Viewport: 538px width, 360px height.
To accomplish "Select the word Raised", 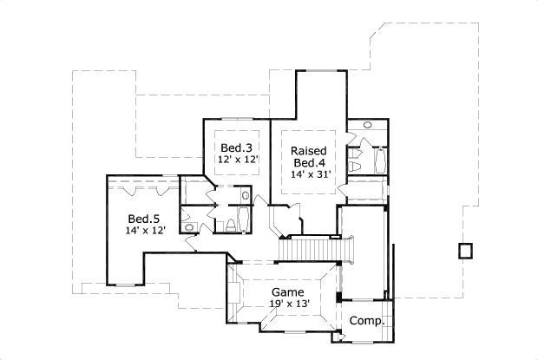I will point(308,148).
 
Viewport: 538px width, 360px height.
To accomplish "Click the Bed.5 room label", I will point(143,218).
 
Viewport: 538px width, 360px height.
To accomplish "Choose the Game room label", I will point(287,292).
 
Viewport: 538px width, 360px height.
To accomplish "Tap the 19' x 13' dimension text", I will point(287,304).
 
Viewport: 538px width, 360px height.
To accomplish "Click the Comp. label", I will point(365,321).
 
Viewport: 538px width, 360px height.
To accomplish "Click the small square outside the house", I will point(466,251).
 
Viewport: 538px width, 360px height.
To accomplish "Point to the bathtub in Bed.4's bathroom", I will point(378,161).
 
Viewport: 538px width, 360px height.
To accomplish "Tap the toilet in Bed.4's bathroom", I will point(355,162).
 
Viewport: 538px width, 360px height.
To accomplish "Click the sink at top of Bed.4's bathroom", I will point(367,126).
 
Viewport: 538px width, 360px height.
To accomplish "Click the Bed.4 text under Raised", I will point(308,161).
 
